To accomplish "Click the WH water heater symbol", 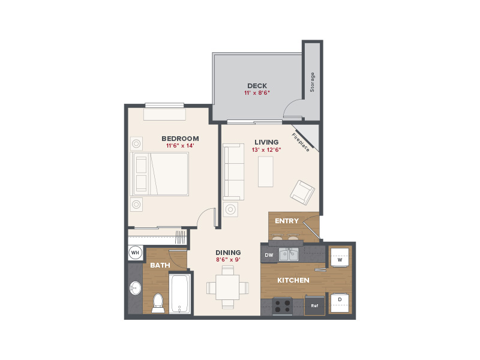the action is point(135,253).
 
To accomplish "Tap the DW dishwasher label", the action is point(269,255).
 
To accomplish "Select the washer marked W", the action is point(340,257).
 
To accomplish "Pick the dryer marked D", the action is point(340,303).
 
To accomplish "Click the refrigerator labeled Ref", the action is point(314,305).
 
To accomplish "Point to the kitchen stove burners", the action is point(282,306).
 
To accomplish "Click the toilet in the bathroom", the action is point(158,303).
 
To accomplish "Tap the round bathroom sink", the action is point(135,288).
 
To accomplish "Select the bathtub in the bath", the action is point(179,294).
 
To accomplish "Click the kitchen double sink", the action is point(289,254).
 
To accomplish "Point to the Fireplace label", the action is point(301,142).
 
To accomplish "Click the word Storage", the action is point(312,82).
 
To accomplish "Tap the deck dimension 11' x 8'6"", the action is point(257,93).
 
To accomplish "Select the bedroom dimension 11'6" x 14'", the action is point(180,146).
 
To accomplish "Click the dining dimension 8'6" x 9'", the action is point(228,260).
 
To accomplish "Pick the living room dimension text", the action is point(266,149).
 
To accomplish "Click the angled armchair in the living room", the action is point(302,193).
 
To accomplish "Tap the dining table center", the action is point(227,287).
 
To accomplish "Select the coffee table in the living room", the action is point(265,172).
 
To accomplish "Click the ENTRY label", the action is point(287,221).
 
